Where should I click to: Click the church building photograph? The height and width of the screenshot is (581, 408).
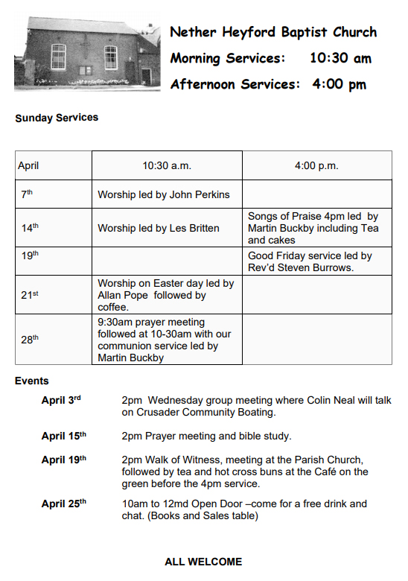86,54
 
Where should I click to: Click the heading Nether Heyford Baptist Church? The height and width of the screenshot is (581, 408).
273,32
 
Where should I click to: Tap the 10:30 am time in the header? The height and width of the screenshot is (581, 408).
340,58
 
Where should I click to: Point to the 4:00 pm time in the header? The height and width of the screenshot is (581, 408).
340,84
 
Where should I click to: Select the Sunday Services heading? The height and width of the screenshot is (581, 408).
57,118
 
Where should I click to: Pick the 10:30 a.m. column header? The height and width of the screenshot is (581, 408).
167,165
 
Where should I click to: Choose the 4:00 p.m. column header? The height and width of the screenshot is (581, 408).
316,165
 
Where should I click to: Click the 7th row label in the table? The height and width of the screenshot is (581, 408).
27,194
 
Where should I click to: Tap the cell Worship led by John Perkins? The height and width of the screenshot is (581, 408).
164,195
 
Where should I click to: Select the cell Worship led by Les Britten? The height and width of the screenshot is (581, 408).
159,228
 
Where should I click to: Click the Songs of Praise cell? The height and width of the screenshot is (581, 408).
313,228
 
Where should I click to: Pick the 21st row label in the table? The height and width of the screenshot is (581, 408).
30,295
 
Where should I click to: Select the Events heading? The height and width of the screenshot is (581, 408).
32,381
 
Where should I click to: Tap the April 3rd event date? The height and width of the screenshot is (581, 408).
61,401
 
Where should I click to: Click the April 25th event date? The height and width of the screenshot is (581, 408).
63,504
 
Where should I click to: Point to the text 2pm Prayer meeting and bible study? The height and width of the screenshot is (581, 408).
206,436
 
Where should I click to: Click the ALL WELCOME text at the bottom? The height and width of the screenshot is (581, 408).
203,562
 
